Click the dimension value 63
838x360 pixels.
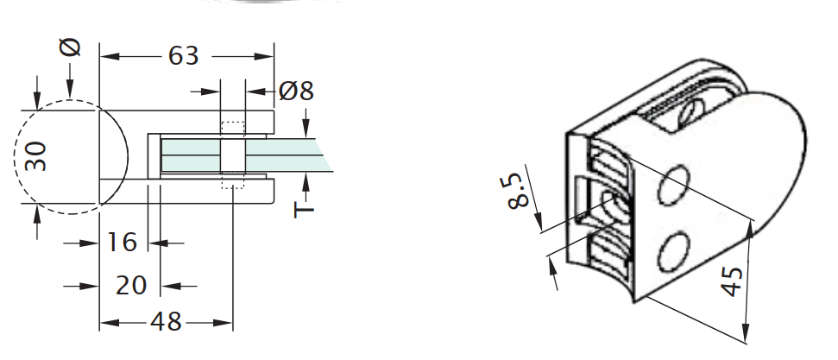point(183,56)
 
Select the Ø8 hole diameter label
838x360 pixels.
point(296,90)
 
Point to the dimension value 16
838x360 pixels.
point(122,243)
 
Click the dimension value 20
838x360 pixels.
point(131,285)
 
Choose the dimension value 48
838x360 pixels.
point(166,322)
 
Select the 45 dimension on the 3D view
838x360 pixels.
point(731,281)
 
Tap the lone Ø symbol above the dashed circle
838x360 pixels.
point(72,47)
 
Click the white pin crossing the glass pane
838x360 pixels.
point(233,155)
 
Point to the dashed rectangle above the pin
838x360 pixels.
point(233,129)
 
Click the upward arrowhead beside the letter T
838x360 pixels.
point(306,180)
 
